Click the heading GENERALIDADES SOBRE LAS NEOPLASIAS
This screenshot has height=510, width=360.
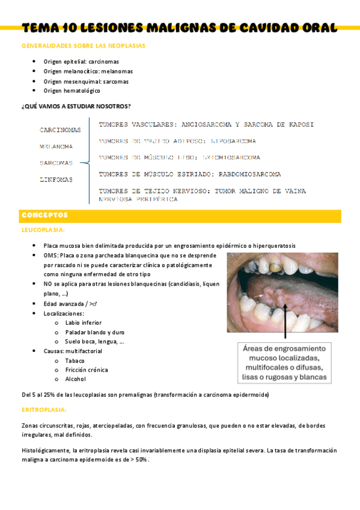pyautogui.click(x=83, y=46)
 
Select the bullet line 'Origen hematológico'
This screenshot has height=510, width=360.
pyautogui.click(x=72, y=91)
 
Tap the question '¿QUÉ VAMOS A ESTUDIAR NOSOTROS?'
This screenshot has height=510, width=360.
pyautogui.click(x=76, y=106)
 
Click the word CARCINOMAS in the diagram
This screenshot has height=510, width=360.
pyautogui.click(x=60, y=130)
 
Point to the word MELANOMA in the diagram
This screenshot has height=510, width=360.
pyautogui.click(x=56, y=146)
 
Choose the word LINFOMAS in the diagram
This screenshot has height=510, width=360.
pyautogui.click(x=56, y=179)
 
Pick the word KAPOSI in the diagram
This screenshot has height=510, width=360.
pyautogui.click(x=298, y=125)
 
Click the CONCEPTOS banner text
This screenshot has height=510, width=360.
pyautogui.click(x=44, y=215)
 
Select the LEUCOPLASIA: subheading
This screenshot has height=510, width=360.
pyautogui.click(x=43, y=230)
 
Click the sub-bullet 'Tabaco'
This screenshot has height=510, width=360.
pyautogui.click(x=75, y=361)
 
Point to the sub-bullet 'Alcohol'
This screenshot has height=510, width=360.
pyautogui.click(x=75, y=379)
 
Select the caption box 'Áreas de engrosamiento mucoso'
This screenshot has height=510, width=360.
pyautogui.click(x=284, y=363)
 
